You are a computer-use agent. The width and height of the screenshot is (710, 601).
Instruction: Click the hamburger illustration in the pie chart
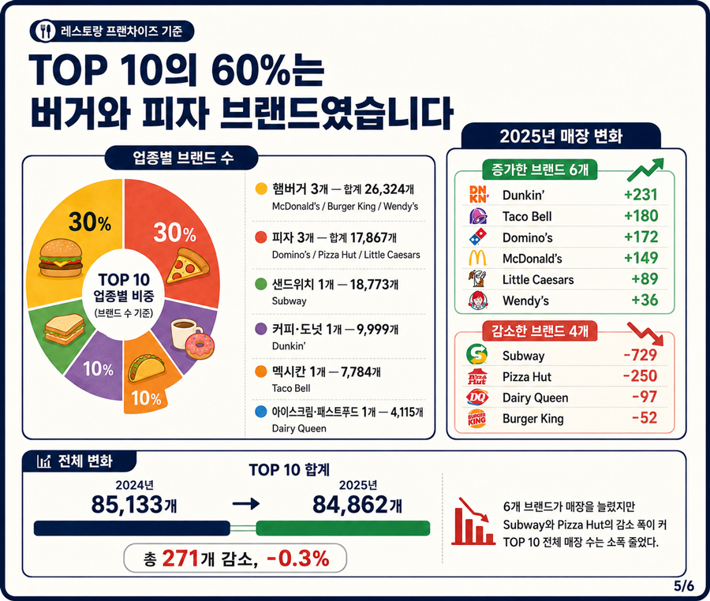tap(60, 258)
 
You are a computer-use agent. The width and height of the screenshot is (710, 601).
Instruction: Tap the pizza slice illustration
tap(188, 266)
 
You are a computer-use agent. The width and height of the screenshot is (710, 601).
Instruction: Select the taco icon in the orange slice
tap(148, 368)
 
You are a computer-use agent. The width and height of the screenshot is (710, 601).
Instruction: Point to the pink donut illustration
tap(200, 346)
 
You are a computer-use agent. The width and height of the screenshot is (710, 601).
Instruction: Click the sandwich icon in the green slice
tap(65, 330)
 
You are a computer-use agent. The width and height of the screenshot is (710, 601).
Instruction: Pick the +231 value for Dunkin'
tap(641, 195)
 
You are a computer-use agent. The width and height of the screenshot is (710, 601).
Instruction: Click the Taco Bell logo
tap(478, 216)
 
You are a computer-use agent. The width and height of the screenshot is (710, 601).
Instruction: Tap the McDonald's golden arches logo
tap(478, 258)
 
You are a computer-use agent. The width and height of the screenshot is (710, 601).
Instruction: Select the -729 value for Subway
tap(641, 355)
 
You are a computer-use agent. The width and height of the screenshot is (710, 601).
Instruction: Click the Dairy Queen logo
tap(477, 398)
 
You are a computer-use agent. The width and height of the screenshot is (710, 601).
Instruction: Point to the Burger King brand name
tap(533, 419)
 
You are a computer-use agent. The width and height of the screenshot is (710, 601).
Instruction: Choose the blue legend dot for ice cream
tap(260, 412)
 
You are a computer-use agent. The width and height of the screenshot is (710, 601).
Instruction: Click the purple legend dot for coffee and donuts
tap(260, 329)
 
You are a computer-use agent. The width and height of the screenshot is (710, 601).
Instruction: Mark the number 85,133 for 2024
tap(127, 505)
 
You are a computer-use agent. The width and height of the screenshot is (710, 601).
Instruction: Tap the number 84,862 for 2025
tap(350, 505)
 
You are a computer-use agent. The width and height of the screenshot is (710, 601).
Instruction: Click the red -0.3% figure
tap(298, 558)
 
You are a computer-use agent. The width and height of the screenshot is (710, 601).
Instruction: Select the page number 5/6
tap(684, 585)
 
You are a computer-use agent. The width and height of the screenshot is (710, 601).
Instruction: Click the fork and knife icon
tap(45, 32)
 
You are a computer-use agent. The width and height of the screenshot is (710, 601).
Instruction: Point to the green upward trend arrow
tap(645, 170)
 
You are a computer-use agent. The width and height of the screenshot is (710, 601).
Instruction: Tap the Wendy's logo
tap(478, 300)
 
